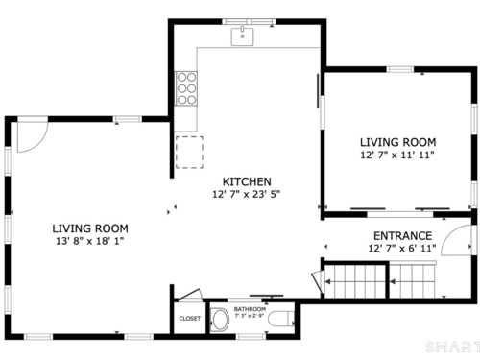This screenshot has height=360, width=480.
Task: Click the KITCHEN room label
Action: click(247, 181)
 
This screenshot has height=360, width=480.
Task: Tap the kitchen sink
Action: click(242, 36)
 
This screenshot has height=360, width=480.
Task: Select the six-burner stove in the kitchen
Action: click(186, 88)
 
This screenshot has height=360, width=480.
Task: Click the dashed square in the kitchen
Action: click(189, 153)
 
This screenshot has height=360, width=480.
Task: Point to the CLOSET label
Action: click(190, 319)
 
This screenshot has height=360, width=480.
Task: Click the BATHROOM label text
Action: click(250, 309)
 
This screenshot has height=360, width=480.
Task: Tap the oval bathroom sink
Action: click(220, 320)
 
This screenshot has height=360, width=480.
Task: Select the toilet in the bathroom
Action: click(281, 319)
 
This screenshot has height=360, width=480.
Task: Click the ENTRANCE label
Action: click(403, 236)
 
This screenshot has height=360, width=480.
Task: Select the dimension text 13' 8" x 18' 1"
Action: click(89, 241)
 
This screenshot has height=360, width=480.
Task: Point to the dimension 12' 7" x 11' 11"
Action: click(397, 155)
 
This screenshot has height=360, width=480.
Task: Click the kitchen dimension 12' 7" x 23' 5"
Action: click(246, 194)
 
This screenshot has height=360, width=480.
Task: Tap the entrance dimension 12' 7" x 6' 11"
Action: click(402, 249)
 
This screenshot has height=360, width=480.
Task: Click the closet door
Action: click(190, 295)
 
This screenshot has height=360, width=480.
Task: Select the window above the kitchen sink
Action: click(249, 22)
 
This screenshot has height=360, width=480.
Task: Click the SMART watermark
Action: click(453, 348)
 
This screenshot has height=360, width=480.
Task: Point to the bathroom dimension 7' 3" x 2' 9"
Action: click(250, 316)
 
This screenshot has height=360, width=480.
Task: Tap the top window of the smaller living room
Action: click(400, 69)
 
